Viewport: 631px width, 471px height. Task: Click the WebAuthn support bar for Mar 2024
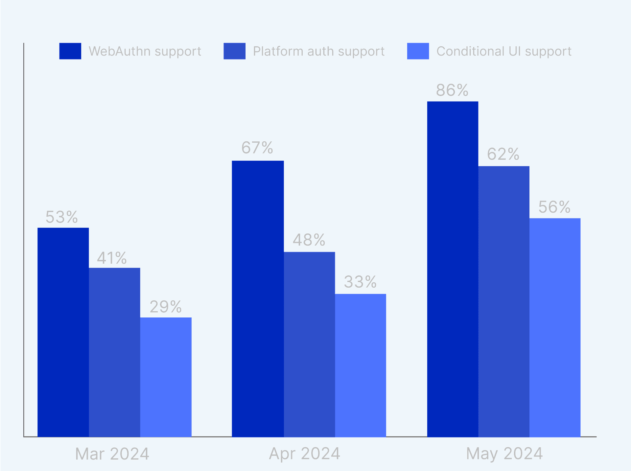tap(63, 332)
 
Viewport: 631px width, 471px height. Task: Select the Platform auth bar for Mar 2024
tap(114, 352)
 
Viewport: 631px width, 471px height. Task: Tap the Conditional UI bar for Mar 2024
tap(166, 377)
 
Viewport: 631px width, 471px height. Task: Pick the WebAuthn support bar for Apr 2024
tap(258, 298)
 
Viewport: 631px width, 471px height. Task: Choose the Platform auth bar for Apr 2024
tap(309, 344)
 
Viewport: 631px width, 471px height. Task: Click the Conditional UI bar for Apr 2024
tap(361, 365)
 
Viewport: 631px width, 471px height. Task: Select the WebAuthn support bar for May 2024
tap(453, 269)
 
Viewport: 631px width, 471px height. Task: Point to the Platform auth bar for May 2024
tap(504, 301)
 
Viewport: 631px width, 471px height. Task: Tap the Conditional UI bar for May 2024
tap(555, 327)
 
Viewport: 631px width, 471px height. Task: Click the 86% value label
tap(452, 90)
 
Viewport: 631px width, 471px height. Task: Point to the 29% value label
tap(165, 307)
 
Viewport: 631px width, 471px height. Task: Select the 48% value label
tap(309, 240)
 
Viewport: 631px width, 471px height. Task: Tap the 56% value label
tap(554, 207)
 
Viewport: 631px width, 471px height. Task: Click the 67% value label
tap(257, 148)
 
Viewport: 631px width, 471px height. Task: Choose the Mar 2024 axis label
tap(112, 454)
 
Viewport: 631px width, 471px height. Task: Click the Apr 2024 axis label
tap(304, 454)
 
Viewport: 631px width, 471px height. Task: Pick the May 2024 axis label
tap(504, 454)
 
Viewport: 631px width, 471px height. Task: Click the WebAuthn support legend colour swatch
tap(70, 51)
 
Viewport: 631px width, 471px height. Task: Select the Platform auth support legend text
tap(318, 51)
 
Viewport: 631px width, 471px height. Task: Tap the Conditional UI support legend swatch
tap(418, 51)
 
